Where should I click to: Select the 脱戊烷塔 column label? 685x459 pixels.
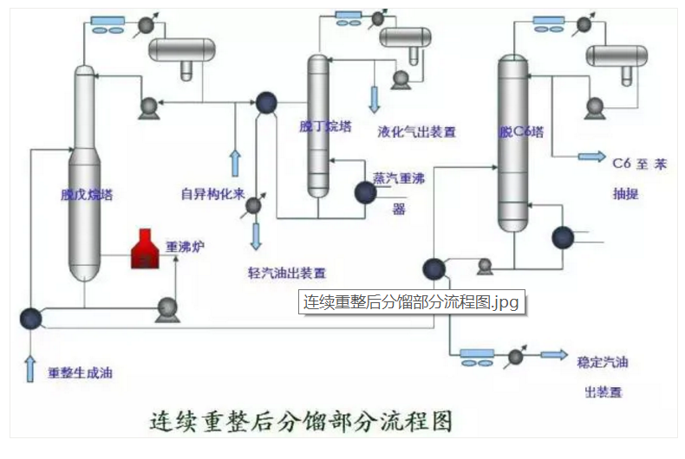87,194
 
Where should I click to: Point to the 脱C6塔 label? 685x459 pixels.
521,133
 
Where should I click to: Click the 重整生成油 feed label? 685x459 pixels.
80,373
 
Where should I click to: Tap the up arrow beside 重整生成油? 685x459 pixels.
31,367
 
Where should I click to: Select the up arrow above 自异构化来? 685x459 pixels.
234,162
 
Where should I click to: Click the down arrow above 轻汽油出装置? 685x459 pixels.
256,236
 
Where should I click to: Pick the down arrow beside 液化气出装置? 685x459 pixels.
375,99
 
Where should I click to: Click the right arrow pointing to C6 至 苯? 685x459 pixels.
591,157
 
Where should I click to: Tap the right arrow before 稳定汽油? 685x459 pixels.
550,355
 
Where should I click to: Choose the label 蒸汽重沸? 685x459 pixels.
397,177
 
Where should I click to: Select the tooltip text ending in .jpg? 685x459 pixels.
410,302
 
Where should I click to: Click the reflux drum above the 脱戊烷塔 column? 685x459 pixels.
182,50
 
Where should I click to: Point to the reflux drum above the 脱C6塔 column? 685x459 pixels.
616,55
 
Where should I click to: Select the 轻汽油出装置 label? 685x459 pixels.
286,272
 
